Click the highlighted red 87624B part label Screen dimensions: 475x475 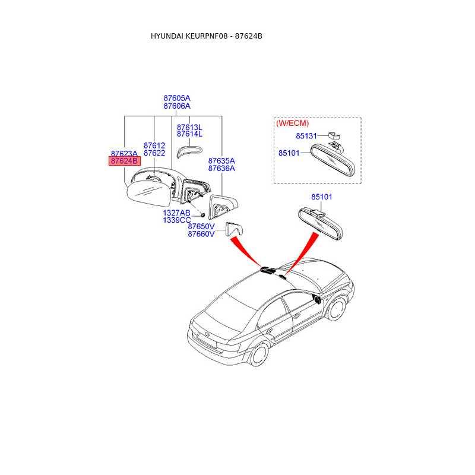124,161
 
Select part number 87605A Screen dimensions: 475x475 177,98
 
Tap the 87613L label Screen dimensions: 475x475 189,127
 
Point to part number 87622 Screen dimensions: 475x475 154,153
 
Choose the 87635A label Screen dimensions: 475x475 221,160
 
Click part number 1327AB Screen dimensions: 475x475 177,213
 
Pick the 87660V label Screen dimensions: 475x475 201,234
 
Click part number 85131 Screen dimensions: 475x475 307,136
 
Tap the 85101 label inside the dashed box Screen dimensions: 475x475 290,153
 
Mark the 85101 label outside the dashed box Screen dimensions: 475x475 322,197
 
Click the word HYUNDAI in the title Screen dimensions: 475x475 167,36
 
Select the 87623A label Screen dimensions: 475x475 124,153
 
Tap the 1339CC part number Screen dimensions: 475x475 177,220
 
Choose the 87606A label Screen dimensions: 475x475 177,106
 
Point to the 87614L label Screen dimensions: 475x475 189,135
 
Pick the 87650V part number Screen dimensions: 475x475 201,226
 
